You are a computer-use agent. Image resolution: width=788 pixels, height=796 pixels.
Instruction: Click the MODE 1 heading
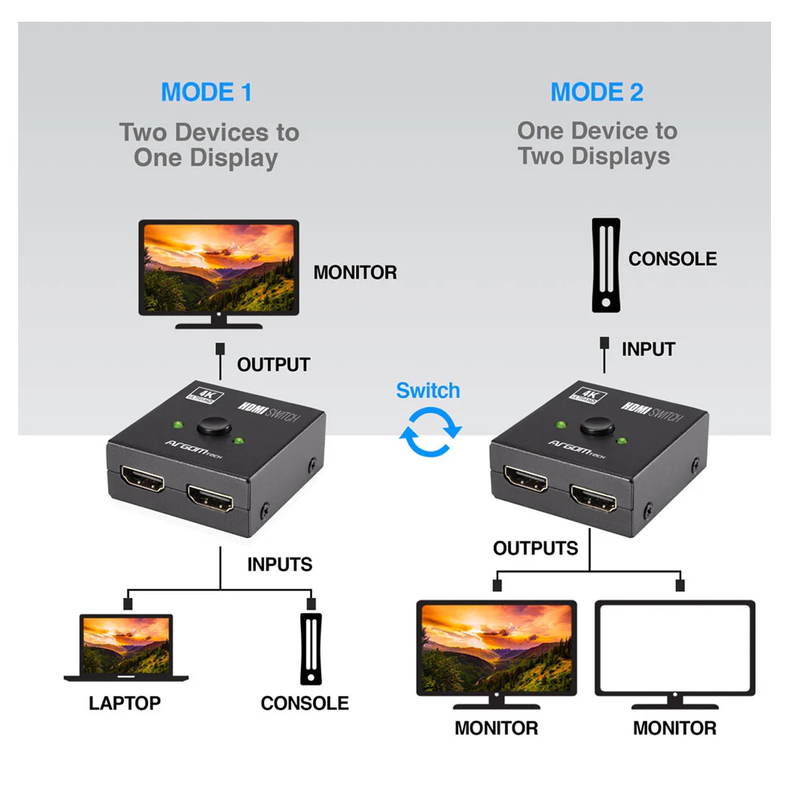point(206,92)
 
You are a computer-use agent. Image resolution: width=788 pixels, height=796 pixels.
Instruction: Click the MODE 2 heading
point(596,92)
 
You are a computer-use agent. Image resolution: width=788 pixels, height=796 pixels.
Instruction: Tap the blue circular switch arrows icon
point(430,433)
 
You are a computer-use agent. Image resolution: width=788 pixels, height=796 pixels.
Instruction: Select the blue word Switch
point(428,391)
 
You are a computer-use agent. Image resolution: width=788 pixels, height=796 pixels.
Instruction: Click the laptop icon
point(126,647)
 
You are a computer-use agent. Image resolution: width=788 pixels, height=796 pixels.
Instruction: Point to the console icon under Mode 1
point(311,648)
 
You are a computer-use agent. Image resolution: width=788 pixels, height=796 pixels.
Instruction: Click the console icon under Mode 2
point(606,265)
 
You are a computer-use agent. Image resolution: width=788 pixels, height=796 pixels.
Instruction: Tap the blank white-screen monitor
point(675,648)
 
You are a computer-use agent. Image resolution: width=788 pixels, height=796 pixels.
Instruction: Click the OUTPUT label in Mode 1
point(273,364)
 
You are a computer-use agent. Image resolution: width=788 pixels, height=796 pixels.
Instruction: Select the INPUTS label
point(279,564)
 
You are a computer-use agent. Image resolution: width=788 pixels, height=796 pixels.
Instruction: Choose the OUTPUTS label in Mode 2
point(535,548)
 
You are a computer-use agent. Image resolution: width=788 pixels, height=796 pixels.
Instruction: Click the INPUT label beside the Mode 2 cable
point(648,349)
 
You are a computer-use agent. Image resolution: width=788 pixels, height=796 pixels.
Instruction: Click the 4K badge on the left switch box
point(204,395)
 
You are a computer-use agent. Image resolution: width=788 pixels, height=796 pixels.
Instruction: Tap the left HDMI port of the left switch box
point(142,479)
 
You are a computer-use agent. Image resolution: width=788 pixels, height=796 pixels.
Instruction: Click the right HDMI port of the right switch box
point(593,498)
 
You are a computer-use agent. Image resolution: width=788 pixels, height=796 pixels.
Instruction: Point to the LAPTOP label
point(125,703)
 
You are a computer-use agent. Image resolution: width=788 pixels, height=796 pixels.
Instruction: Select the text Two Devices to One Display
point(209,145)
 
